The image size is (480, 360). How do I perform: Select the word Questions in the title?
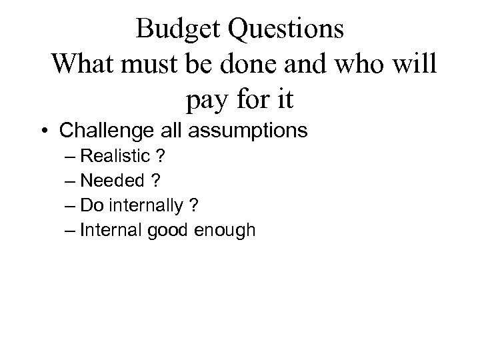[287, 29]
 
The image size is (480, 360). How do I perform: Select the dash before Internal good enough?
[71, 231]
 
